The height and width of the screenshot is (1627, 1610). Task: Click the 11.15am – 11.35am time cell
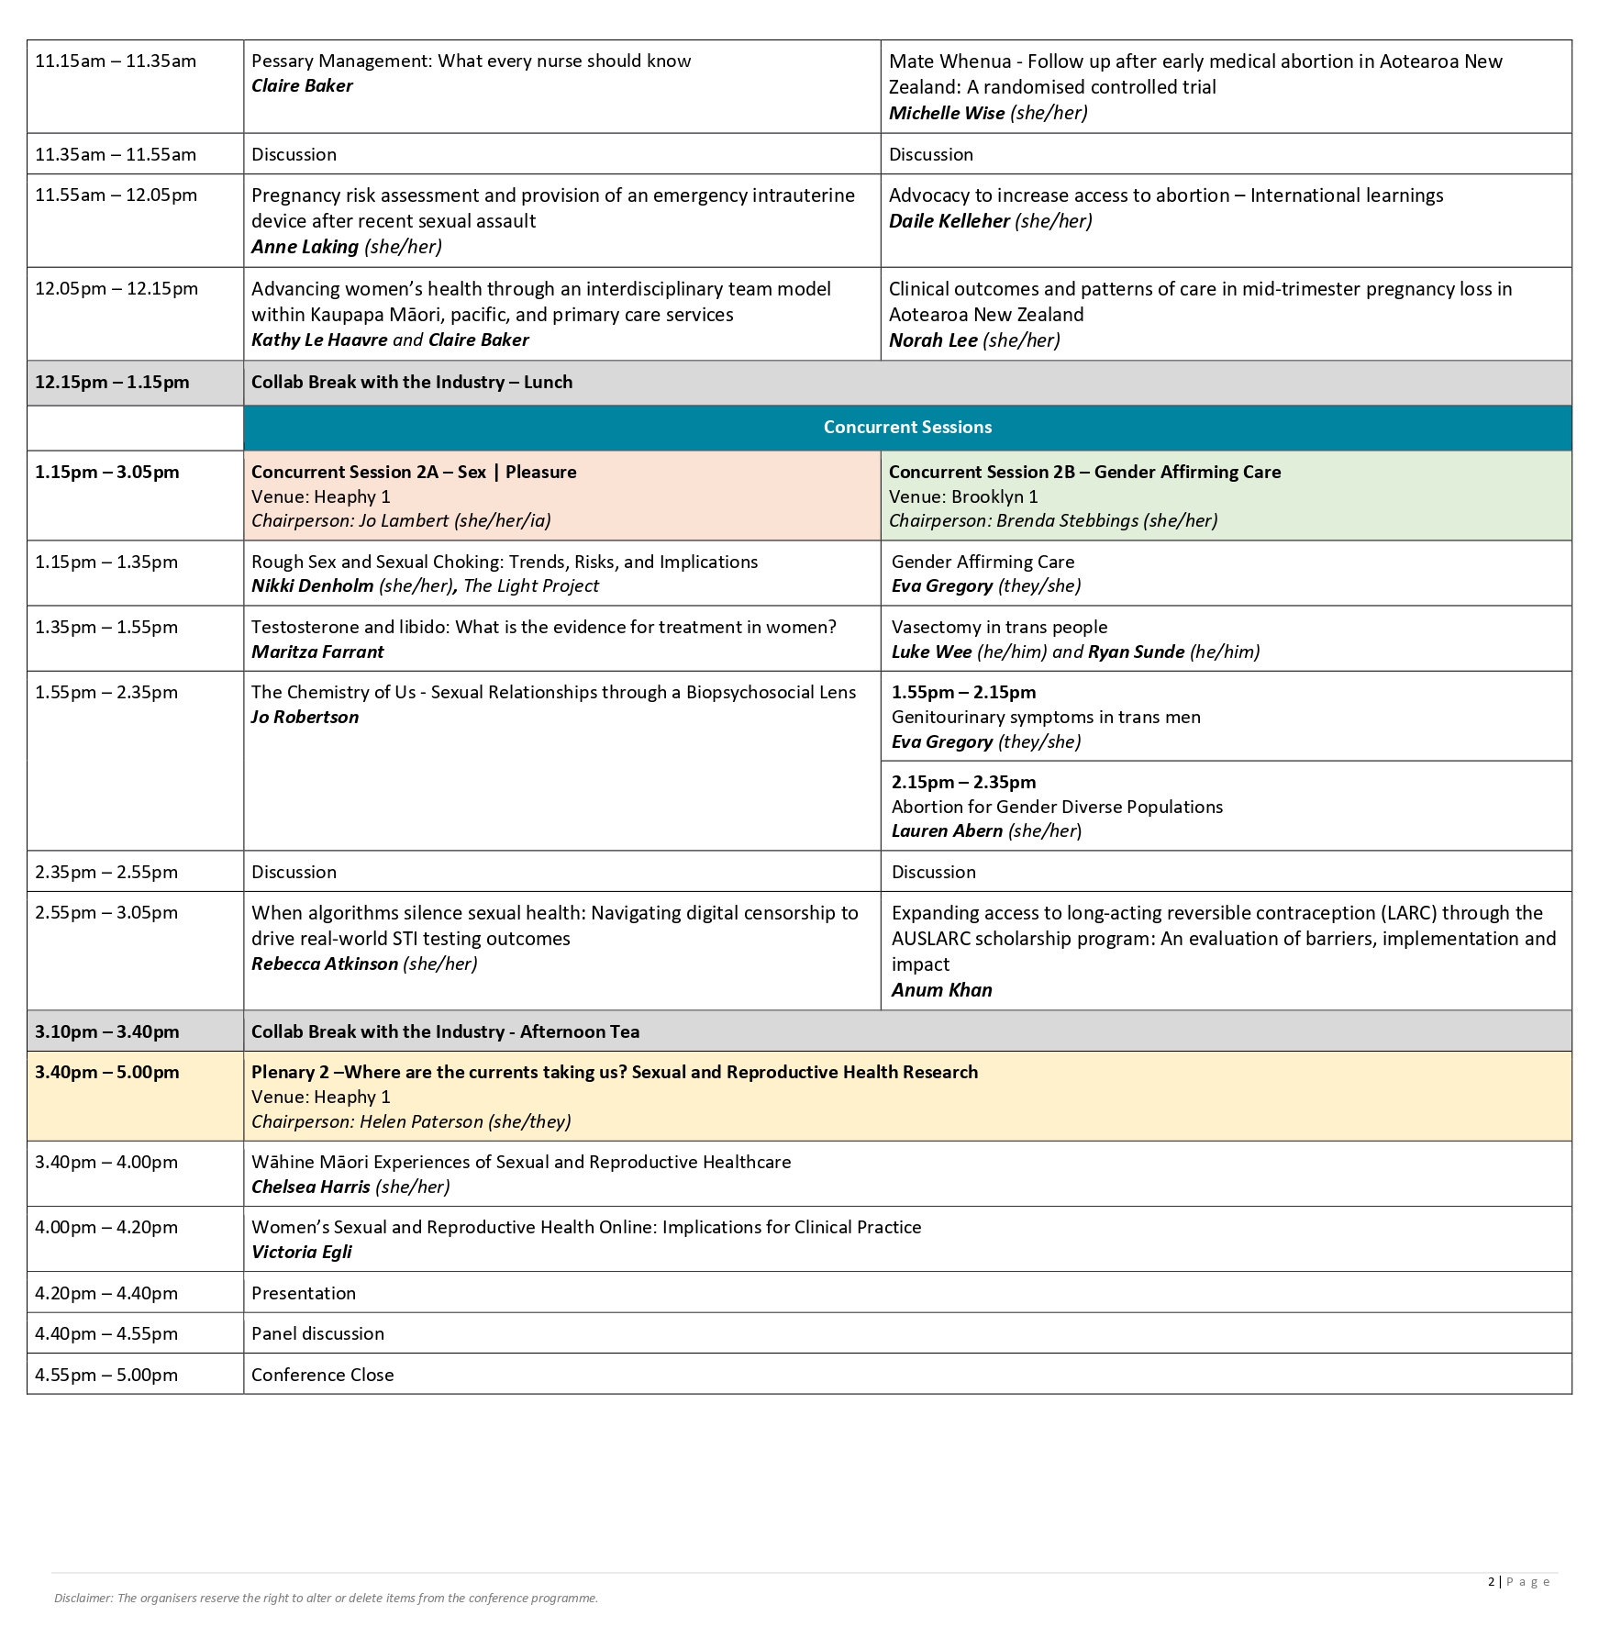116,61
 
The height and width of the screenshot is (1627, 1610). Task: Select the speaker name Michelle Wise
947,113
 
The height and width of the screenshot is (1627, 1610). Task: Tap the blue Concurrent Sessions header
907,427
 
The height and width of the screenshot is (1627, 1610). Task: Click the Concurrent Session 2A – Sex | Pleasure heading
414,472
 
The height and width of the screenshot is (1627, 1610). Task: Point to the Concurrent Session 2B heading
1084,472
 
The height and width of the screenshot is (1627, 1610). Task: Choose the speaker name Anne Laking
305,247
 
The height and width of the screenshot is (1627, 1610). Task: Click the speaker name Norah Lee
933,340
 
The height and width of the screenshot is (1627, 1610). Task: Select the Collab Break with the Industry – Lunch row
412,382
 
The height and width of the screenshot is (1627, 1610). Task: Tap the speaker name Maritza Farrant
317,652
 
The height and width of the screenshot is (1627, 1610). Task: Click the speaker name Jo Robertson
305,717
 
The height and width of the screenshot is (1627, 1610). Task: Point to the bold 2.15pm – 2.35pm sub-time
963,782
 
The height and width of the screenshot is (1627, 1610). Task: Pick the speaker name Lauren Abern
947,830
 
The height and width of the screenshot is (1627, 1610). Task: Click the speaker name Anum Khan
941,990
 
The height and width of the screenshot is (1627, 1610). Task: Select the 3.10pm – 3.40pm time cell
107,1031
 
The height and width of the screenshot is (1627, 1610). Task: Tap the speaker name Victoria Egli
302,1252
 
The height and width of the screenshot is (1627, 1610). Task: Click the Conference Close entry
323,1375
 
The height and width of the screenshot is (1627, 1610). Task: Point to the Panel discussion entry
317,1333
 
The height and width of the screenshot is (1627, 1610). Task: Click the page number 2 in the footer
1491,1581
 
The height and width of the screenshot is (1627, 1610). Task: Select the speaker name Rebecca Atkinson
325,964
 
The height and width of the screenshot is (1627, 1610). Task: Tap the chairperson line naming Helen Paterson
411,1121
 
